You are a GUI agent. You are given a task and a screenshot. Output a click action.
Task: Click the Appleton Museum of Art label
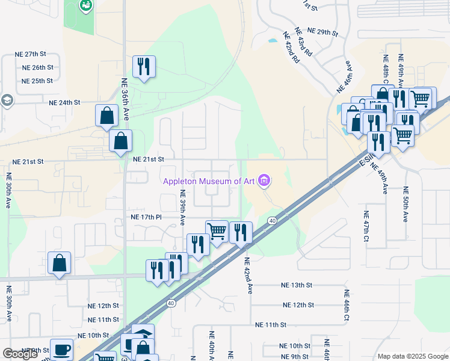(208, 180)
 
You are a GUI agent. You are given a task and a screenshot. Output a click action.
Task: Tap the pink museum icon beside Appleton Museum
(264, 180)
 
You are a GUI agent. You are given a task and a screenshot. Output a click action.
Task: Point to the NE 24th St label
(65, 102)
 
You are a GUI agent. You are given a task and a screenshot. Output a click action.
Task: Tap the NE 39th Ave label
(182, 208)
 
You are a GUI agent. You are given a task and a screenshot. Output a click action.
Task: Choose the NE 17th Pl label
(147, 217)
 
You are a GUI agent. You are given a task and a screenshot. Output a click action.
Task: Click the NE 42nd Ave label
(247, 276)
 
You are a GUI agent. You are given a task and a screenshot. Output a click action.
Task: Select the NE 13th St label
(297, 285)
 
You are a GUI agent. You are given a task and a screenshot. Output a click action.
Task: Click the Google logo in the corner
(20, 354)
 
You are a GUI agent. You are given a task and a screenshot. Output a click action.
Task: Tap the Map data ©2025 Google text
(413, 356)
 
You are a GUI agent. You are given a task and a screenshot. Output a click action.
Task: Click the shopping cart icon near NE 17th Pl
(217, 231)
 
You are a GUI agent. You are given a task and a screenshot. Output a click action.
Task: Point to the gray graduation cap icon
(7, 100)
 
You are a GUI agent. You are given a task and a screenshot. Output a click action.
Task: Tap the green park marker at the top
(86, 6)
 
